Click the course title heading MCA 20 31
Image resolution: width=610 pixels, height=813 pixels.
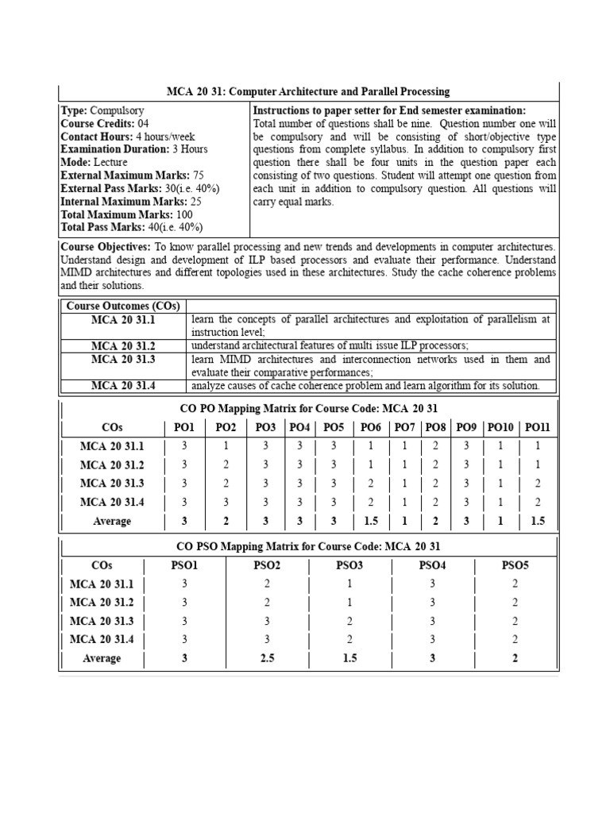click(x=308, y=92)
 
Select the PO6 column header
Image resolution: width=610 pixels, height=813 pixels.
click(x=371, y=428)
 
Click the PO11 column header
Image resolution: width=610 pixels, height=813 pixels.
click(x=537, y=428)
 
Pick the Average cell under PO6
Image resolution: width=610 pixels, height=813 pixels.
click(x=370, y=521)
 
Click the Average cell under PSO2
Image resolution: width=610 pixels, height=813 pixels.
click(x=267, y=658)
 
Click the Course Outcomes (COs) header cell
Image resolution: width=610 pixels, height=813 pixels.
click(x=123, y=306)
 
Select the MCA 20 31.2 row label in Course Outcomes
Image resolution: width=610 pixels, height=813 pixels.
click(x=123, y=345)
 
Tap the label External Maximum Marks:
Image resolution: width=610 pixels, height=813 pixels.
click(x=125, y=175)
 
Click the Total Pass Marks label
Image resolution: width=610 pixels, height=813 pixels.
click(x=107, y=226)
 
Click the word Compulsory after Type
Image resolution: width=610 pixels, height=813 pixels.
click(x=117, y=110)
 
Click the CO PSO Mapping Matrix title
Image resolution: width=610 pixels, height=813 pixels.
click(x=308, y=546)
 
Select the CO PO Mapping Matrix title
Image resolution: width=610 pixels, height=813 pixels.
click(x=308, y=409)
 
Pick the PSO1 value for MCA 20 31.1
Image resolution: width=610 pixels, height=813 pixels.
click(x=184, y=584)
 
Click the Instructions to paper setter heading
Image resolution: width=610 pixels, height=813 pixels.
click(x=388, y=110)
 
